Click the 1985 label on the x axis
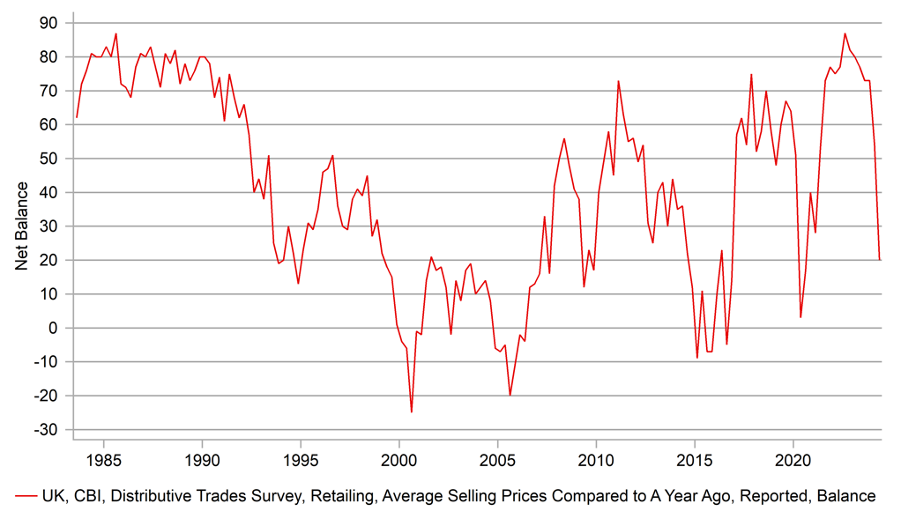(103, 458)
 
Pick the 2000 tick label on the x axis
(398, 458)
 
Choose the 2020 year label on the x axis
(793, 458)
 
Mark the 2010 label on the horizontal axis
(596, 458)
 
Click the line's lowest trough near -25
(411, 411)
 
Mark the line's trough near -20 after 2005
(510, 395)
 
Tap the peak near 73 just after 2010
(618, 81)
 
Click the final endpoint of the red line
(880, 260)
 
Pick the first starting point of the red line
(77, 117)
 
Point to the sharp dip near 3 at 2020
(800, 317)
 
